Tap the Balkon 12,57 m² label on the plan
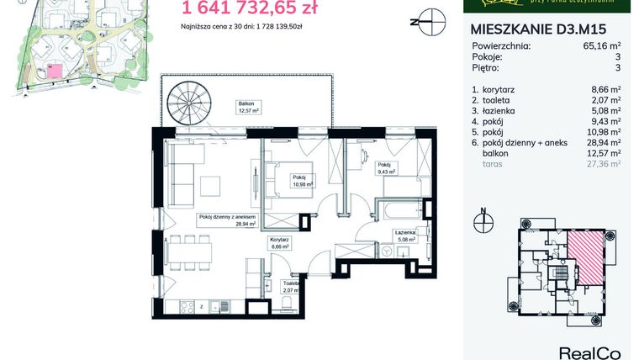247,106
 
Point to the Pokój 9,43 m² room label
386,167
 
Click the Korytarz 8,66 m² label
279,244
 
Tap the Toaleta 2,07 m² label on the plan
290,287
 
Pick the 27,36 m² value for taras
603,165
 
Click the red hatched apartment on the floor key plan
584,257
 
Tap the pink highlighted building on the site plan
55,70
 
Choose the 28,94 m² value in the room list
603,143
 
